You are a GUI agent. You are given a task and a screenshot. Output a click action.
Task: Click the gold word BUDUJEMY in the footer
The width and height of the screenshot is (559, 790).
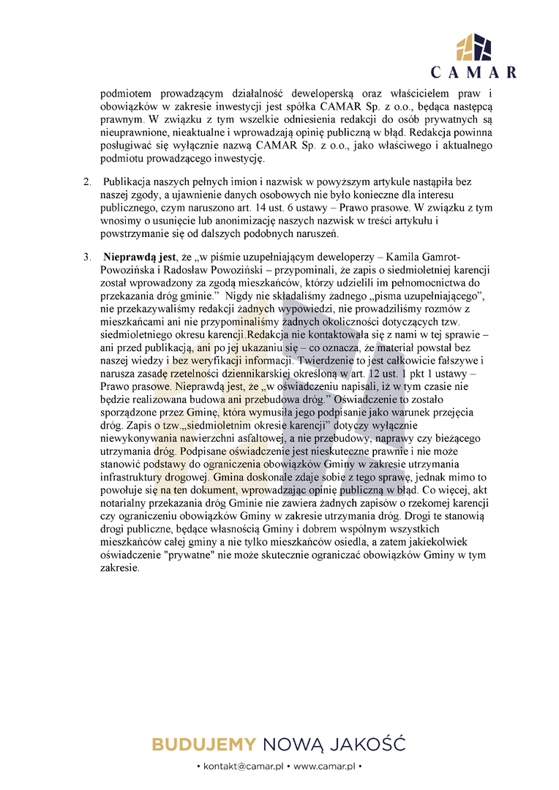[x=203, y=745]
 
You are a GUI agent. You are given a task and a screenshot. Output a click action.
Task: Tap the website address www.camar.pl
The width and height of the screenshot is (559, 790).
[x=323, y=766]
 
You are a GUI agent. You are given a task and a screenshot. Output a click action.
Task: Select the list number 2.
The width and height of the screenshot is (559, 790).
[x=86, y=181]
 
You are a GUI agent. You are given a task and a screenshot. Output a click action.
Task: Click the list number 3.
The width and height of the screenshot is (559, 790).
[x=86, y=257]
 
